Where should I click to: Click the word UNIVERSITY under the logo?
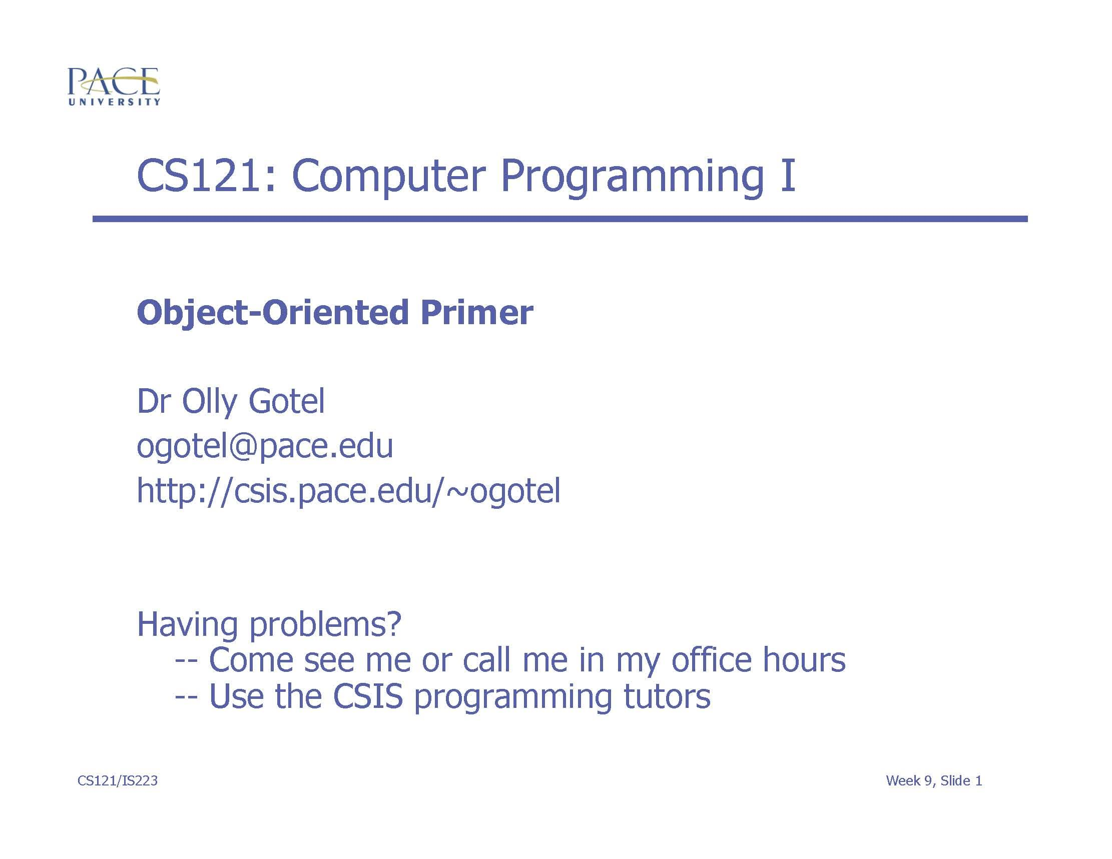(114, 102)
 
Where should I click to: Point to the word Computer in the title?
(387, 177)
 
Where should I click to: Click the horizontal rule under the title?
(560, 219)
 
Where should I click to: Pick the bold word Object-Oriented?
(273, 313)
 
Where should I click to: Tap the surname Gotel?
(286, 401)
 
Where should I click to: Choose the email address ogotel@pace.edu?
(265, 446)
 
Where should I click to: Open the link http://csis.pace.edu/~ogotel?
(349, 491)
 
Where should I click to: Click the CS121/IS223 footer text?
(118, 780)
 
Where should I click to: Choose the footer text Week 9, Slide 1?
(934, 780)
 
